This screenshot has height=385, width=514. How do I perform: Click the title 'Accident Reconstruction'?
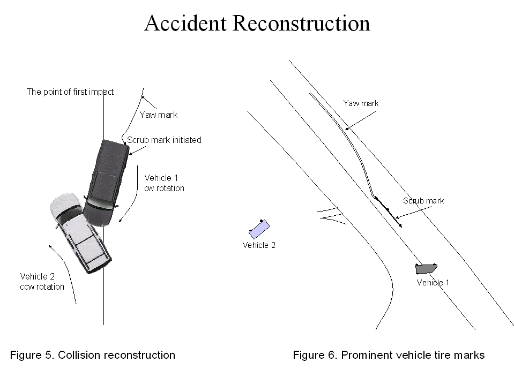257,23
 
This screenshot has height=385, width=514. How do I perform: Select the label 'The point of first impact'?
70,92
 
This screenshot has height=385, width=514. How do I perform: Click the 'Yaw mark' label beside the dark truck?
159,115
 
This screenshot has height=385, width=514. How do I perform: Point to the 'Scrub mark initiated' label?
164,140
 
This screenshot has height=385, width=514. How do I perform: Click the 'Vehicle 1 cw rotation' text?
164,183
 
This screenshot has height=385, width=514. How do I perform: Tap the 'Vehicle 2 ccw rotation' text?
42,282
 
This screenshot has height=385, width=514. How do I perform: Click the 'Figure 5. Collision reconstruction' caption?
93,355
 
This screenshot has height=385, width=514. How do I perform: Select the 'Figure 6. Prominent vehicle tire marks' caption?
389,355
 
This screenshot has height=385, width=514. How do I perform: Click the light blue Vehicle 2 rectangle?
259,229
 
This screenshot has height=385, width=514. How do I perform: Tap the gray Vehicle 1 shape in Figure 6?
426,269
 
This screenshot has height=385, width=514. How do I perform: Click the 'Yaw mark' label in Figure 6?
361,103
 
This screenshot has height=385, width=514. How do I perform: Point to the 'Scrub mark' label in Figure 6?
423,201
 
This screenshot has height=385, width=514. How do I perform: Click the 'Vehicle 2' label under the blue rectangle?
259,245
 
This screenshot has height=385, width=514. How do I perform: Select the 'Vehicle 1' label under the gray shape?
433,283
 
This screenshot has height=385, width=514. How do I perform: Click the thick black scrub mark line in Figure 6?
389,212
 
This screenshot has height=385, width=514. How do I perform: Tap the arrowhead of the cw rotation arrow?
120,220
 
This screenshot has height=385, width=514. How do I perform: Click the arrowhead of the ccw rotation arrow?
50,246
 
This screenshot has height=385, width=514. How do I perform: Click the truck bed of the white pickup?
93,251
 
